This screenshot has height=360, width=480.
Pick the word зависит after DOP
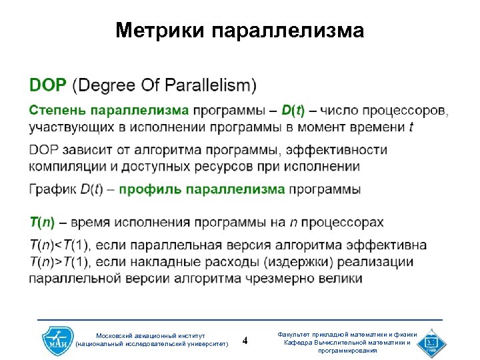point(89,150)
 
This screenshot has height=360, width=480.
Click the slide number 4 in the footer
point(245,341)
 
